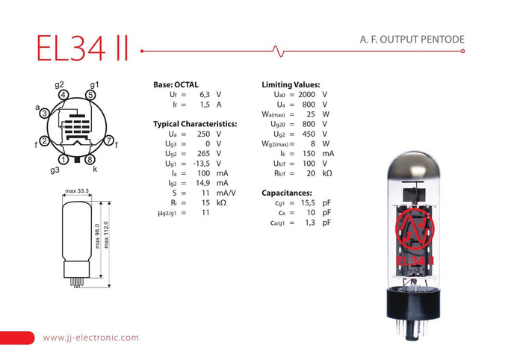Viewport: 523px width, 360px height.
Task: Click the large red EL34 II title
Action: (x=82, y=48)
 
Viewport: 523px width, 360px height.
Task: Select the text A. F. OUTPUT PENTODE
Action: (x=412, y=40)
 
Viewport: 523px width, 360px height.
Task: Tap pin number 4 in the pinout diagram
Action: (x=64, y=95)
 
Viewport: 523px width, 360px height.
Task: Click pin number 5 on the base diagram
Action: (x=90, y=95)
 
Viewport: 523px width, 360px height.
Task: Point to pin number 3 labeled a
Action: (x=44, y=114)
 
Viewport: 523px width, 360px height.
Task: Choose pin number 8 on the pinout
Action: (x=90, y=160)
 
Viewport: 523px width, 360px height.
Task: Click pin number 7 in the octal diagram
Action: (x=109, y=140)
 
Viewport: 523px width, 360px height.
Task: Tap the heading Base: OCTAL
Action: (x=176, y=84)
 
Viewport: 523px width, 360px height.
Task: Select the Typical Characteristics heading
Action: (x=195, y=124)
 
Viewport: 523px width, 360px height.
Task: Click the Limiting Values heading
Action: (x=291, y=84)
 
